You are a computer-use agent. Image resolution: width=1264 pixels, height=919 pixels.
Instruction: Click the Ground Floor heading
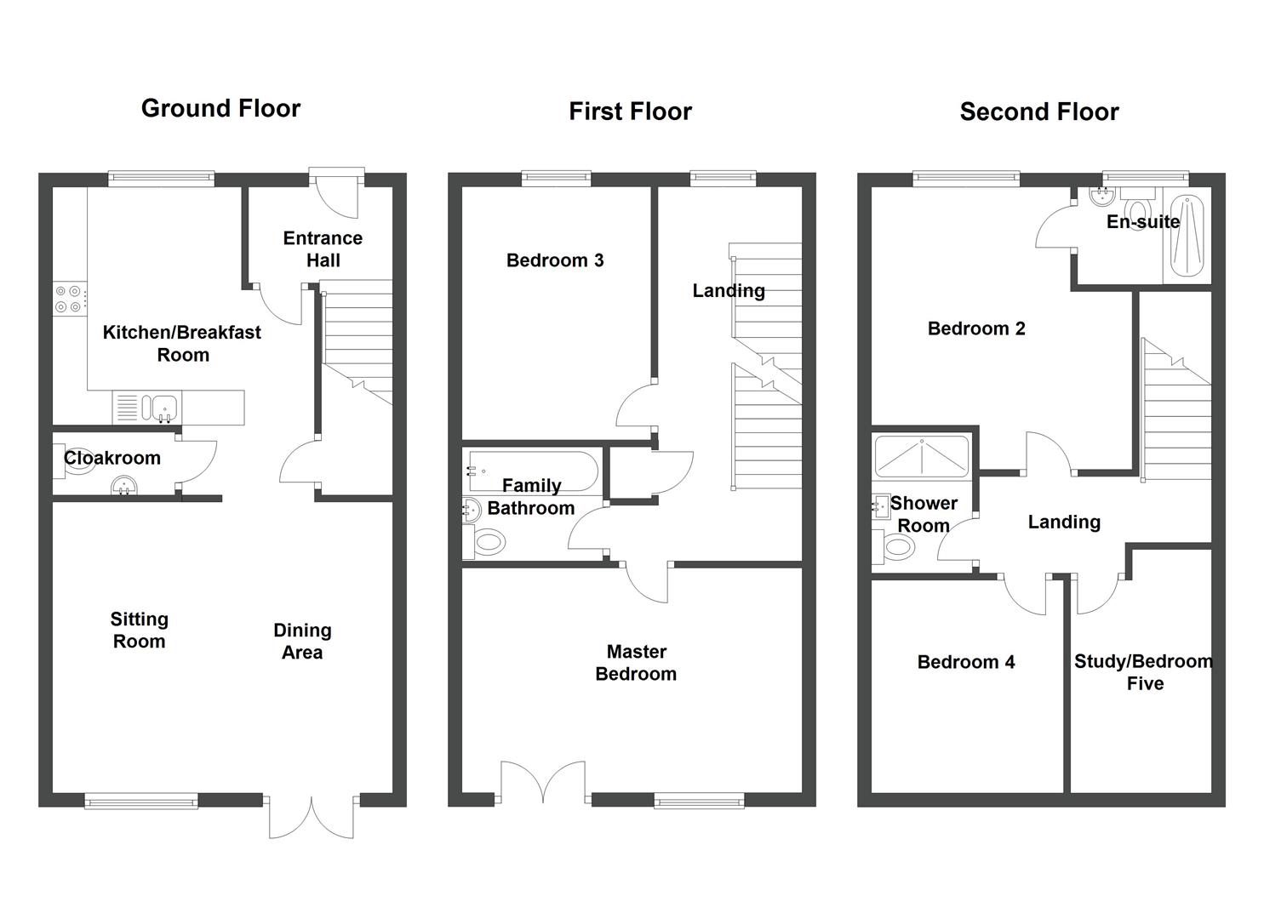pyautogui.click(x=220, y=108)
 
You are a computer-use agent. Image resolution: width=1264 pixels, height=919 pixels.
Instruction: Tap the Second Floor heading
pyautogui.click(x=1038, y=111)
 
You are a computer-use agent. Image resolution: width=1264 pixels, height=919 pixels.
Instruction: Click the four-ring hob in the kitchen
pyautogui.click(x=68, y=298)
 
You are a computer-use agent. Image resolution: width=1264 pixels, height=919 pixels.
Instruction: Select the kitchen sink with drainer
pyautogui.click(x=146, y=408)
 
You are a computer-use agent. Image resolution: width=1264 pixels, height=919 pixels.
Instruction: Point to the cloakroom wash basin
pyautogui.click(x=124, y=486)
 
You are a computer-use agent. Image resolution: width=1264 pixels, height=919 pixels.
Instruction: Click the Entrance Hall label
pyautogui.click(x=323, y=249)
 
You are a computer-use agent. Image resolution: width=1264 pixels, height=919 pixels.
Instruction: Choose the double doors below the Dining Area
pyautogui.click(x=312, y=817)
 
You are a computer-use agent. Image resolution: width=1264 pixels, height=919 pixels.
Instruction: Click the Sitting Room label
pyautogui.click(x=139, y=631)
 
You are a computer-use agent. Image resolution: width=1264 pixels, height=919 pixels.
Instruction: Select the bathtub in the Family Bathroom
pyautogui.click(x=532, y=471)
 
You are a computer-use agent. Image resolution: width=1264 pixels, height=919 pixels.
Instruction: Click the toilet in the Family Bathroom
pyautogui.click(x=484, y=541)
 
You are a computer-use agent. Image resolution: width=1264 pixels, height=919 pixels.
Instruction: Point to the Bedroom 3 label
pyautogui.click(x=554, y=260)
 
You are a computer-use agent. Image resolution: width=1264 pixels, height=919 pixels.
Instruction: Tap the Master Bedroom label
pyautogui.click(x=636, y=663)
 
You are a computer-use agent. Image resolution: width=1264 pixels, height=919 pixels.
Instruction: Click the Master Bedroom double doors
pyautogui.click(x=542, y=781)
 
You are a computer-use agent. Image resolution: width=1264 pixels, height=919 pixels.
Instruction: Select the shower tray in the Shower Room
pyautogui.click(x=922, y=455)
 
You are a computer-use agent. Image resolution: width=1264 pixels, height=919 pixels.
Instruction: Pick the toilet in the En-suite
pyautogui.click(x=1137, y=208)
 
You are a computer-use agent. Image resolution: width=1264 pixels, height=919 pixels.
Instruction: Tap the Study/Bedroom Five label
pyautogui.click(x=1143, y=672)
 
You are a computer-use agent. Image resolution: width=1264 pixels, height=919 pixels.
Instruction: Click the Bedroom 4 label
pyautogui.click(x=965, y=662)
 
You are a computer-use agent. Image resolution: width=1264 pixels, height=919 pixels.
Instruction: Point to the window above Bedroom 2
pyautogui.click(x=966, y=178)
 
